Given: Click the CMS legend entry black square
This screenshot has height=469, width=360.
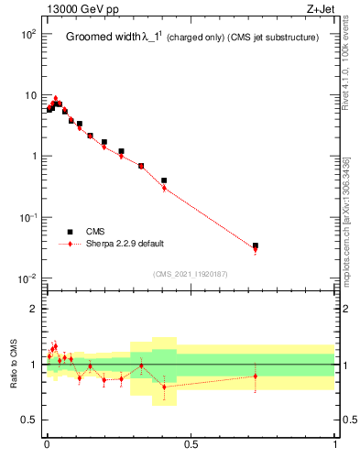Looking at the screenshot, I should point(70,232).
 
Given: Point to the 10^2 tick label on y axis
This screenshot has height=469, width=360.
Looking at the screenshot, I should point(27,34).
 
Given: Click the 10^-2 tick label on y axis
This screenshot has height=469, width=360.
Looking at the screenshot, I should point(27,278).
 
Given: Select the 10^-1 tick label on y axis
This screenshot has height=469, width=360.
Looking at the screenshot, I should point(27,217).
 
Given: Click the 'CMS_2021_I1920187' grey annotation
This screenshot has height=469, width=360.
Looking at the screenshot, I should point(190,273).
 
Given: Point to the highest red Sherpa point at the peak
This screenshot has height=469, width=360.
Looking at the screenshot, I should point(55,98).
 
